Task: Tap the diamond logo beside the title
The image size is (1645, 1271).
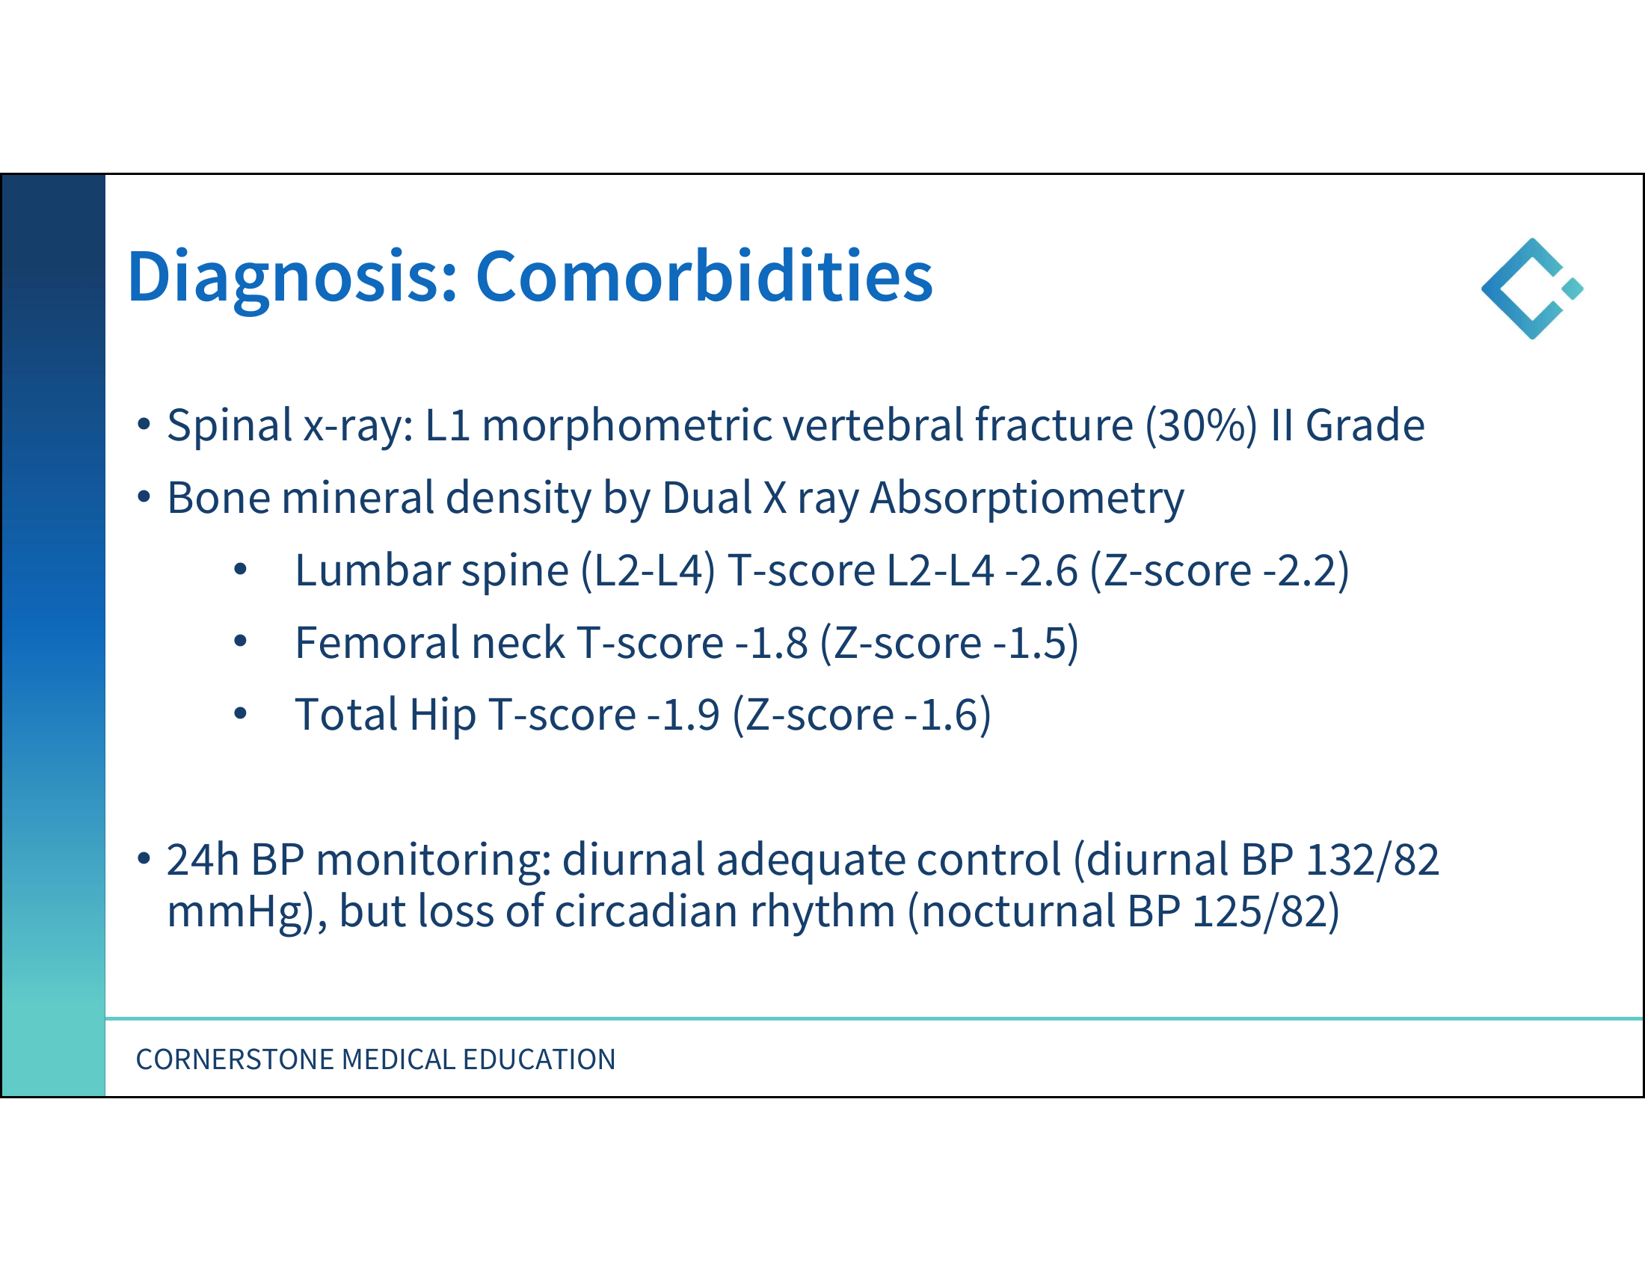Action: click(x=1532, y=289)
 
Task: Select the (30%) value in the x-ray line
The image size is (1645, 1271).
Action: click(x=1201, y=425)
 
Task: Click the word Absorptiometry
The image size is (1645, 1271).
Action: click(x=1027, y=499)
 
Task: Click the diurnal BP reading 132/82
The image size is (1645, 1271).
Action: click(x=1372, y=859)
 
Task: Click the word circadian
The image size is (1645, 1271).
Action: click(x=646, y=911)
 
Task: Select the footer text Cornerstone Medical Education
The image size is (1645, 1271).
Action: click(x=375, y=1059)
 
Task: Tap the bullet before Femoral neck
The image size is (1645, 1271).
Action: click(x=240, y=641)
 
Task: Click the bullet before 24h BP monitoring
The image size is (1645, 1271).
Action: click(x=144, y=858)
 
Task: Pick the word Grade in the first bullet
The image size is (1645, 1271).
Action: click(x=1365, y=425)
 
